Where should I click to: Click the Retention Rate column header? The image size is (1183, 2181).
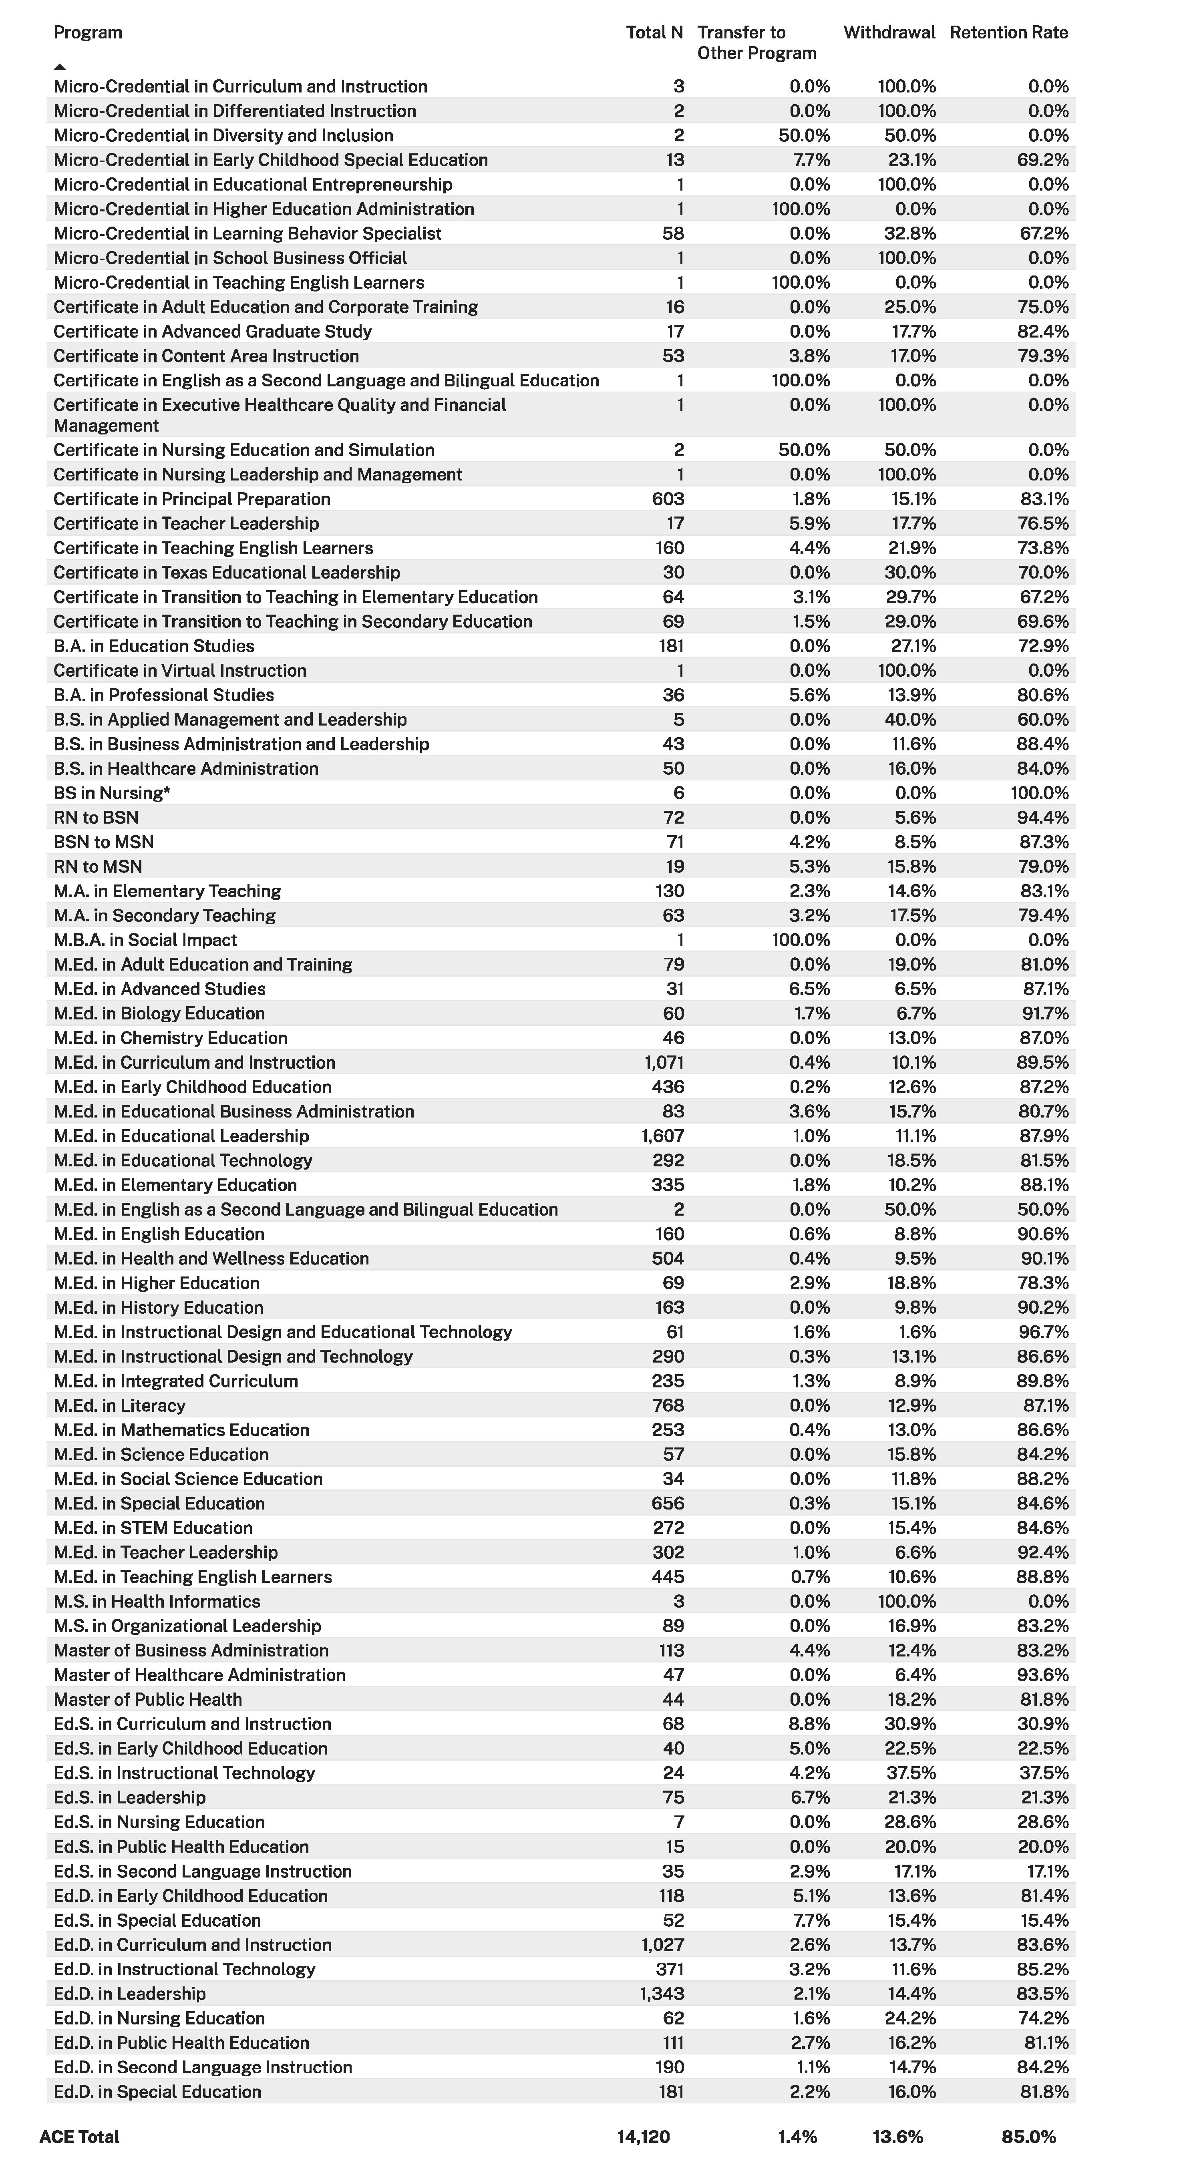click(1008, 33)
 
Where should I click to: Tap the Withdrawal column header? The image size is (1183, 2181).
click(889, 33)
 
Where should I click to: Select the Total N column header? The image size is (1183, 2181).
click(654, 33)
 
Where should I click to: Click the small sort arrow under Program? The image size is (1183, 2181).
click(59, 66)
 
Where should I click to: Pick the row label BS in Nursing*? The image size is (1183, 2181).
click(112, 793)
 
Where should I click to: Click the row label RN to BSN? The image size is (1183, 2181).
click(96, 818)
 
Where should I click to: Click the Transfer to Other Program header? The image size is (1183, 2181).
click(756, 43)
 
